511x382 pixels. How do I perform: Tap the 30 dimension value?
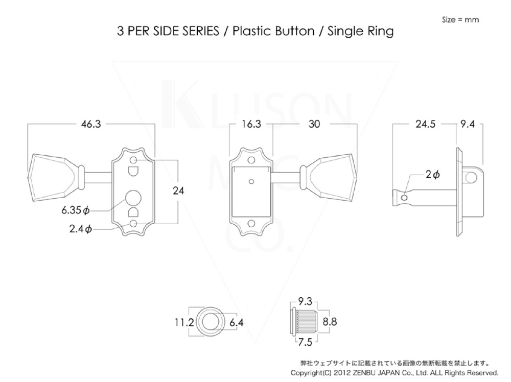314,124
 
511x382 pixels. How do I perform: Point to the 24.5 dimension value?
425,124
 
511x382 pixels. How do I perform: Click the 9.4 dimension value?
468,124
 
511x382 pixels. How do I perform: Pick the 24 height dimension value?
178,191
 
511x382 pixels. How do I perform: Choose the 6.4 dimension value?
236,322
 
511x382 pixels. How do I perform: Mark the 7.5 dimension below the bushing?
306,342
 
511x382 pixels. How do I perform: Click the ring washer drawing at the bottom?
208,322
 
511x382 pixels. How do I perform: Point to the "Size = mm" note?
460,20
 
